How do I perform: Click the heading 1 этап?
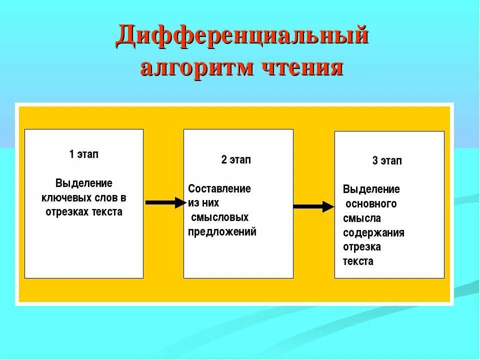(84, 154)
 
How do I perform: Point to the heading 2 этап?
(236, 160)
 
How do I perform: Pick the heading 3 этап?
(387, 161)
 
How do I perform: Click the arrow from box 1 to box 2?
(164, 202)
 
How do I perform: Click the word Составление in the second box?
(219, 189)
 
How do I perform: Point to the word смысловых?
(220, 217)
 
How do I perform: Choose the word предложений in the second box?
(222, 232)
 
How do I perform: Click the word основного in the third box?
(371, 204)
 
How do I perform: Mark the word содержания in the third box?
(373, 233)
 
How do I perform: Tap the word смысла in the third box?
(362, 218)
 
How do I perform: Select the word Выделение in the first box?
(84, 183)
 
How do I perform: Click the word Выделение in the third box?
(371, 189)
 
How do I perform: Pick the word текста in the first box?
(107, 212)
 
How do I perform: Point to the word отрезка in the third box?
(362, 247)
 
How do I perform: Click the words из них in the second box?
(203, 203)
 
